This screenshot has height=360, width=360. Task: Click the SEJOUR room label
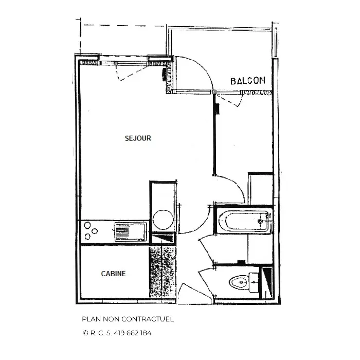[138, 138]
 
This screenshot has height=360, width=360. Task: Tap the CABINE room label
[114, 274]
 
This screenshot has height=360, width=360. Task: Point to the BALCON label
[248, 81]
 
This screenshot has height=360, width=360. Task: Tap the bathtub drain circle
[260, 221]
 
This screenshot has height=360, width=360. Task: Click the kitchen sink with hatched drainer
[131, 231]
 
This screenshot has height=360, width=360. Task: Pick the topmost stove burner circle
[87, 225]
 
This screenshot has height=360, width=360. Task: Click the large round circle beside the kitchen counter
[163, 220]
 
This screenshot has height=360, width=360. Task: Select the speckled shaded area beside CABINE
[163, 272]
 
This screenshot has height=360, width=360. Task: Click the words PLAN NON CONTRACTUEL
[128, 319]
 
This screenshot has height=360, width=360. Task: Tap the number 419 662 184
[133, 333]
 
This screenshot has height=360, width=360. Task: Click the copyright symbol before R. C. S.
[85, 333]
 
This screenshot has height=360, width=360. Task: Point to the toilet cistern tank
[254, 282]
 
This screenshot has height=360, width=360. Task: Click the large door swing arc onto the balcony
[200, 69]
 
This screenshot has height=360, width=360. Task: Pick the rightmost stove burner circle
[95, 231]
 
